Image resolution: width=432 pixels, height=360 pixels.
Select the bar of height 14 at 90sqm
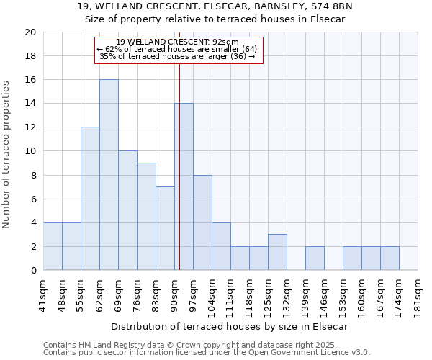tap(184, 187)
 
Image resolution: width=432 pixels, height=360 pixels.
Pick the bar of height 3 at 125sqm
tap(277, 252)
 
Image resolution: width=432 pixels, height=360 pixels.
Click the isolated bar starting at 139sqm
tap(315, 258)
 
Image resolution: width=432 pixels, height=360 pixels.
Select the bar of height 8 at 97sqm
tap(202, 222)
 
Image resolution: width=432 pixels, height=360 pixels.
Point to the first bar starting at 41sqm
tap(53, 246)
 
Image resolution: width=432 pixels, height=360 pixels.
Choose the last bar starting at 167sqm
tap(390, 258)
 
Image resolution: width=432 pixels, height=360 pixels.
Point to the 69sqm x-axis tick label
tap(118, 295)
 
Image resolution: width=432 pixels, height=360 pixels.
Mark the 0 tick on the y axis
tap(33, 271)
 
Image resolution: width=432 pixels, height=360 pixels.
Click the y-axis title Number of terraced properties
tap(6, 154)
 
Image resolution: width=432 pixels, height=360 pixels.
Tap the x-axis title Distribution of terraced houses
tap(230, 326)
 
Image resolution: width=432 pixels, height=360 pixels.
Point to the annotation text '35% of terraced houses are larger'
tap(177, 56)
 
